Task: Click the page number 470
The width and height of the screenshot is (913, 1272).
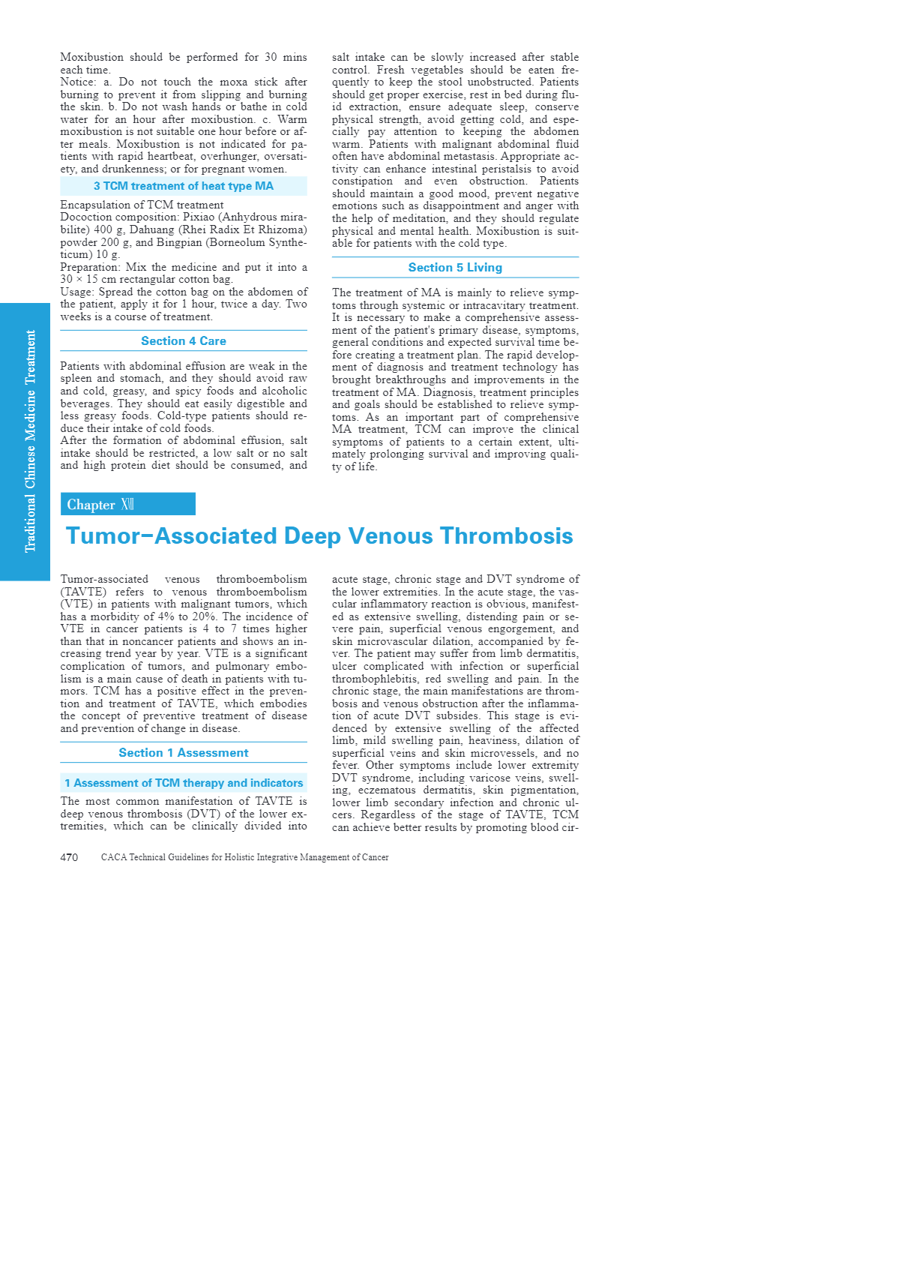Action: (x=69, y=857)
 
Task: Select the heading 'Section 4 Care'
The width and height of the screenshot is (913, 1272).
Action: (x=184, y=341)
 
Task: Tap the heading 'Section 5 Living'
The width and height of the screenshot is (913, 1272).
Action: (x=455, y=268)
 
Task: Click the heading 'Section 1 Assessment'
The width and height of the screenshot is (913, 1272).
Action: (x=184, y=753)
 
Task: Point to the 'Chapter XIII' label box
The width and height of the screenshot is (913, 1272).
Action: (x=127, y=504)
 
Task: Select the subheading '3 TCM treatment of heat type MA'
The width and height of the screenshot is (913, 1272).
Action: (x=184, y=186)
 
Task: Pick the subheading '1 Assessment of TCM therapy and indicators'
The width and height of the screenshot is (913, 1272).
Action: (x=184, y=783)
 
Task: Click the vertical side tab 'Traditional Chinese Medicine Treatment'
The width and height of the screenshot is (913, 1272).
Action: (x=30, y=441)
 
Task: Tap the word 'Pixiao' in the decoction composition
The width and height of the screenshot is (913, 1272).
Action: (x=199, y=217)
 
